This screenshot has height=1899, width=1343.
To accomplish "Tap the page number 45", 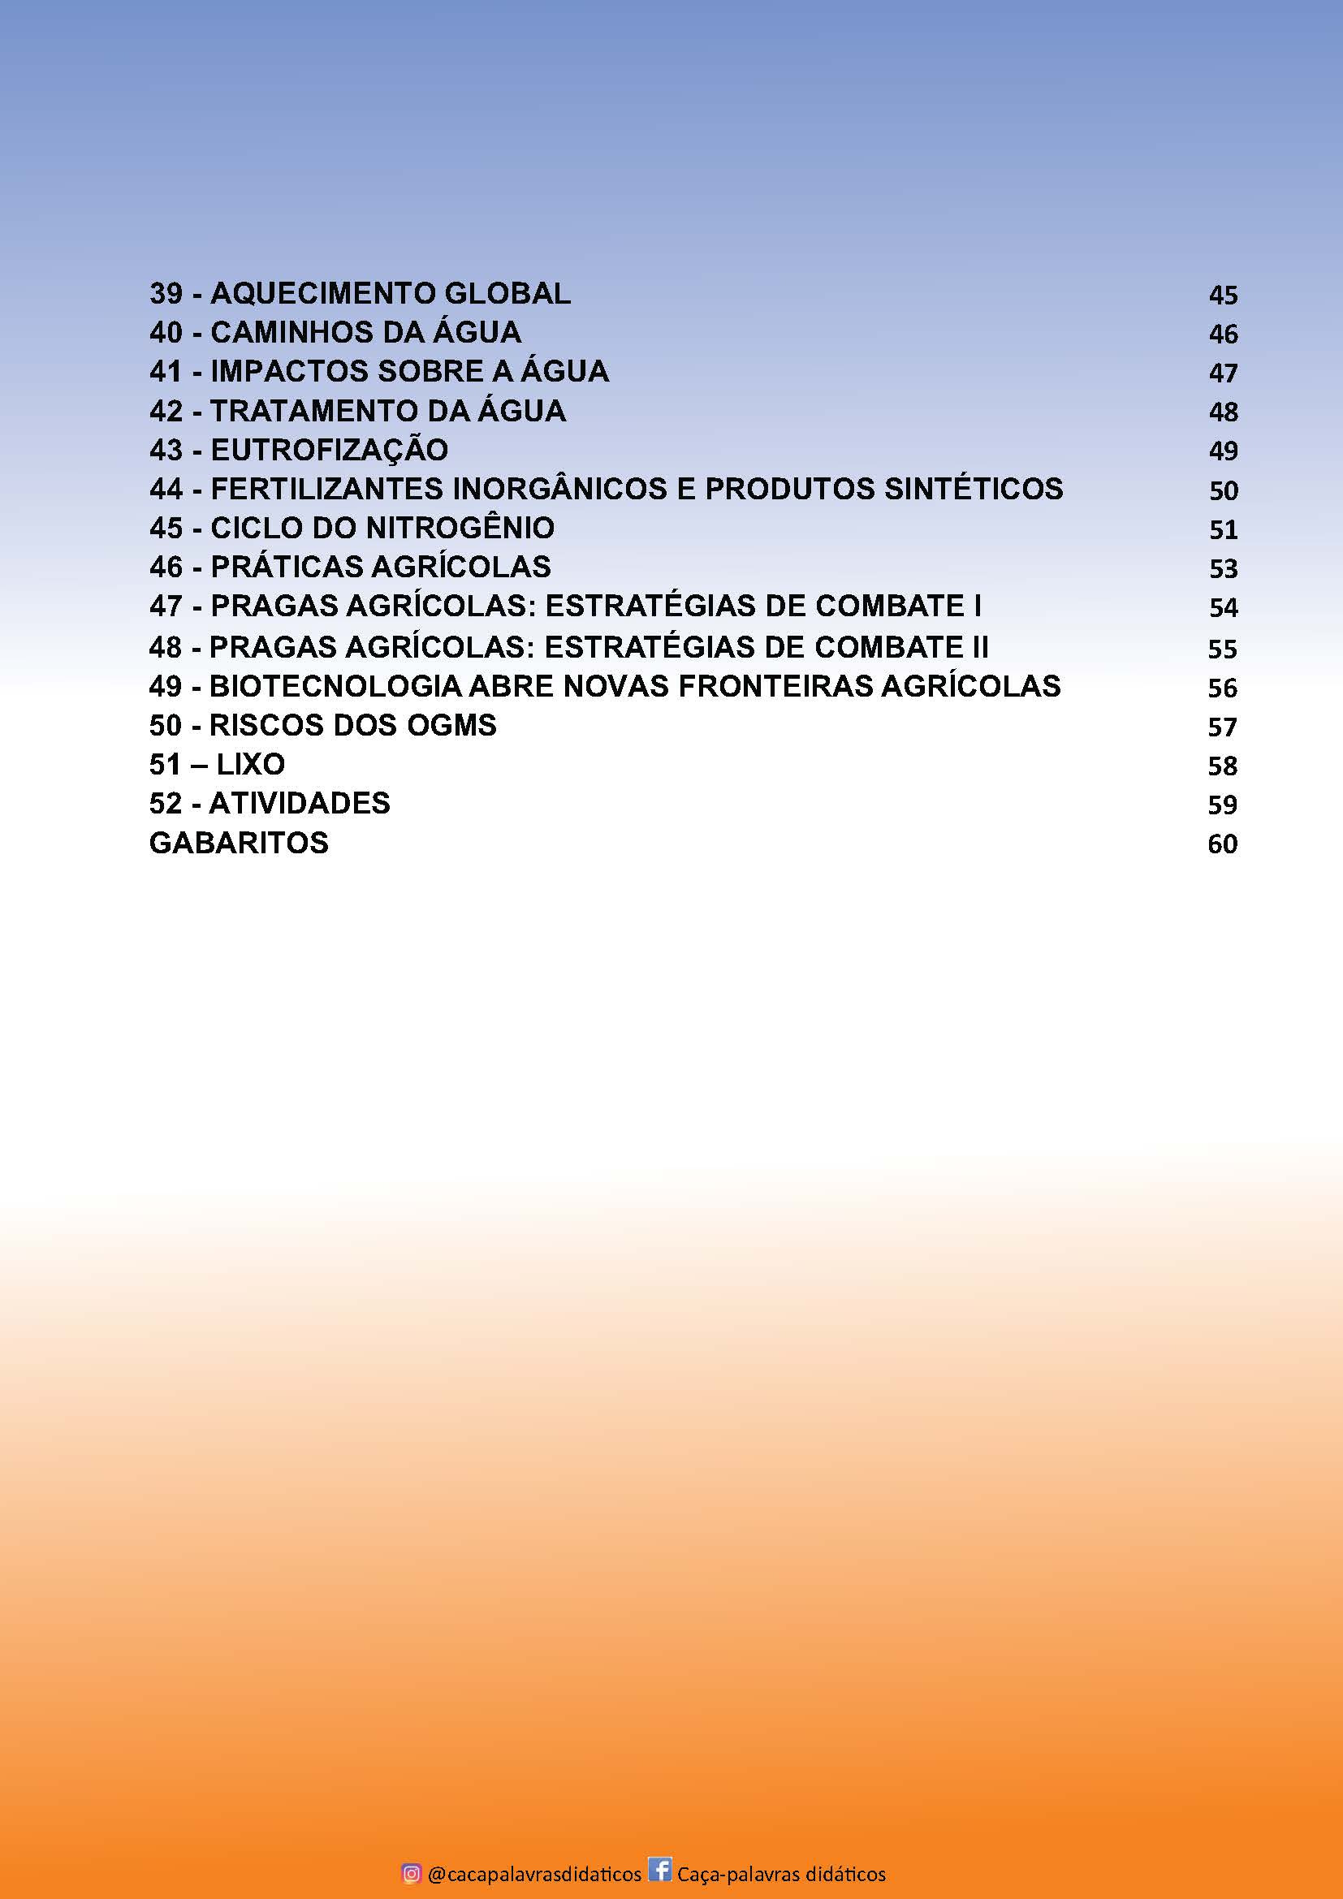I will [1223, 296].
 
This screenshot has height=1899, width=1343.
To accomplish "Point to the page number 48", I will [1223, 412].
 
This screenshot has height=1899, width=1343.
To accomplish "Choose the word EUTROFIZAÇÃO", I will [329, 450].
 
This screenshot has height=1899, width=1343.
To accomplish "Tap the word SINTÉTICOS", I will [974, 489].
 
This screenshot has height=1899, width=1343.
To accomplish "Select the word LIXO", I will [251, 764].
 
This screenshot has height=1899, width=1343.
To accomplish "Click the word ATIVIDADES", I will [300, 803].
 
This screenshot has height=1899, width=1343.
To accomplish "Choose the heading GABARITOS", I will [239, 843].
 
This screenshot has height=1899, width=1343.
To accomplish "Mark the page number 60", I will [1222, 844].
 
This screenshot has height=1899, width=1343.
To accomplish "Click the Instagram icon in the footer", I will [411, 1872].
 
